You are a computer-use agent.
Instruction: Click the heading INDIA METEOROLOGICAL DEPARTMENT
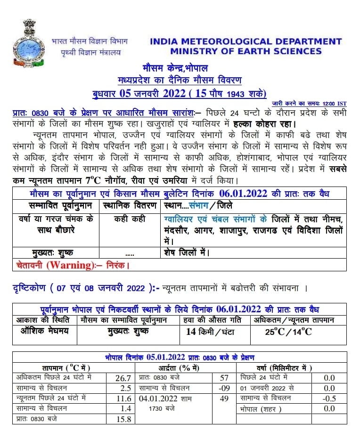pos(245,41)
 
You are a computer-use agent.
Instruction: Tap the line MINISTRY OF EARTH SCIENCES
pos(245,51)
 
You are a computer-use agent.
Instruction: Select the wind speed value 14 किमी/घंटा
pos(211,332)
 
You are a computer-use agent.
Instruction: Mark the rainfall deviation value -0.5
pos(329,398)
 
